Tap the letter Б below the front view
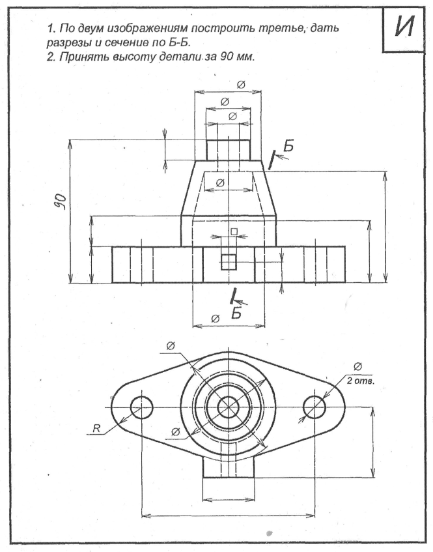[237, 313]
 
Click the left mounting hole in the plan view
[142, 407]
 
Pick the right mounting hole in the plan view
[314, 407]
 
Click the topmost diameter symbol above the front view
[240, 85]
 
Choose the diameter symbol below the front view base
[216, 318]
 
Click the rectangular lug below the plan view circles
[229, 467]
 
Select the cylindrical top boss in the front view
[229, 149]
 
